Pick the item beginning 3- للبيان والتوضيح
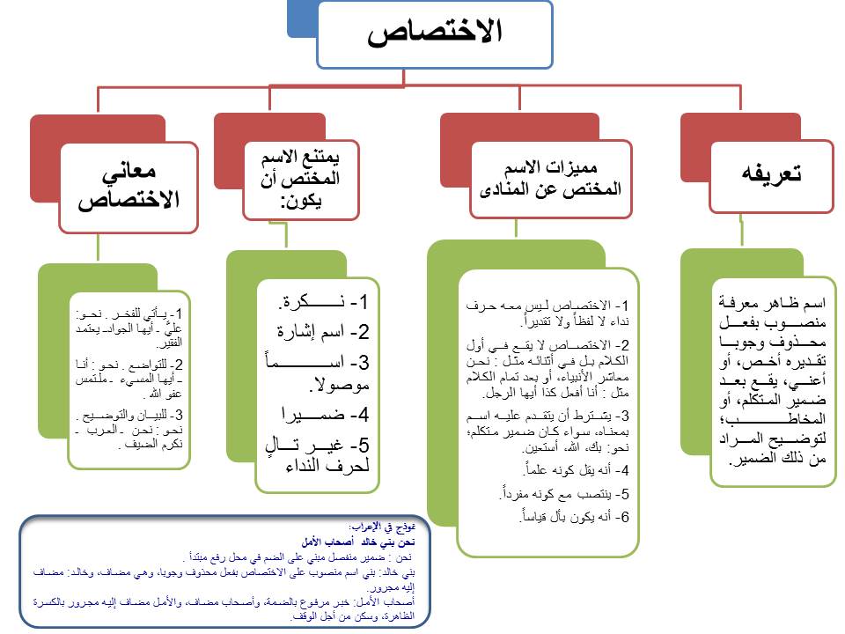[x=129, y=429]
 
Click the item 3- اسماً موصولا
[x=321, y=372]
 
